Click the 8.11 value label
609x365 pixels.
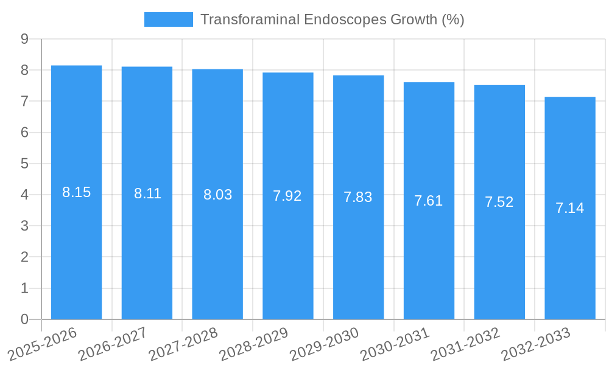click(147, 193)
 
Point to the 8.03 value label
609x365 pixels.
click(217, 195)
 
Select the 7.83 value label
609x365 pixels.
click(357, 197)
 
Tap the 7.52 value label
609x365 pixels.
click(499, 202)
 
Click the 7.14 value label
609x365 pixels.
click(569, 208)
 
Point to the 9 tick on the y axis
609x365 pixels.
click(24, 39)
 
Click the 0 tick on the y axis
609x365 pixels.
click(24, 319)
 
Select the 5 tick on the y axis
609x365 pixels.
click(24, 164)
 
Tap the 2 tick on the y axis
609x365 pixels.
click(24, 257)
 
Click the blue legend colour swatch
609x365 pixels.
click(168, 19)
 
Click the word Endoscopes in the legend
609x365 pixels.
click(344, 19)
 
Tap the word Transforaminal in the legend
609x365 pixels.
click(250, 19)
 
